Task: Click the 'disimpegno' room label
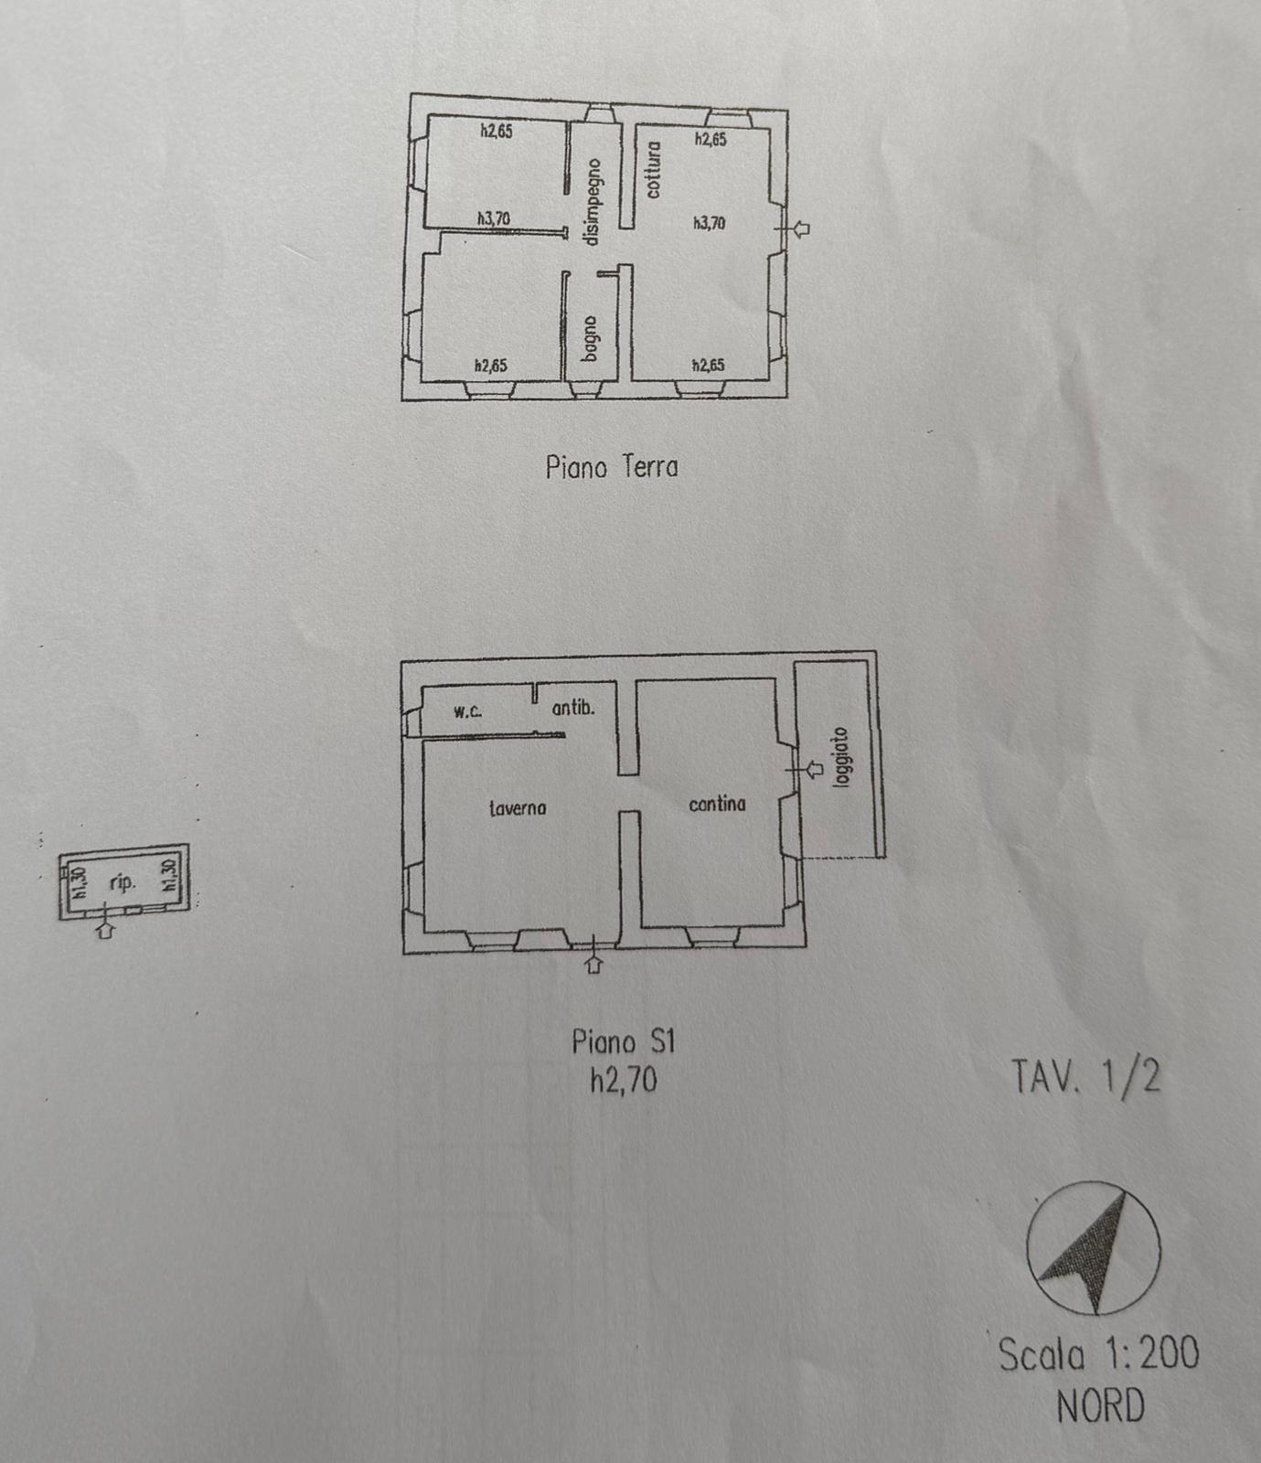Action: [593, 201]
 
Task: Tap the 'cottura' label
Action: [653, 170]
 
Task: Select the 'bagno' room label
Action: [591, 337]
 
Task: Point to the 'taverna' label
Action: [518, 807]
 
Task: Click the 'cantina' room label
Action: [717, 804]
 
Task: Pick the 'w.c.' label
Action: [468, 711]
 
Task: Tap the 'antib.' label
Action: [573, 707]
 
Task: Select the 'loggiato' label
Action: [842, 758]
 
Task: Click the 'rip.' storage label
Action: [123, 883]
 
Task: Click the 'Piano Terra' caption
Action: [612, 467]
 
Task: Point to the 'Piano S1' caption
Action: [623, 1041]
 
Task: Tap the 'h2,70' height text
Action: [624, 1081]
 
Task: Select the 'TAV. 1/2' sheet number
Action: [1086, 1076]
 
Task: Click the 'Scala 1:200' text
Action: [1098, 1354]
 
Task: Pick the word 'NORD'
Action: [1100, 1405]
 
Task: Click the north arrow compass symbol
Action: [1094, 1249]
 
